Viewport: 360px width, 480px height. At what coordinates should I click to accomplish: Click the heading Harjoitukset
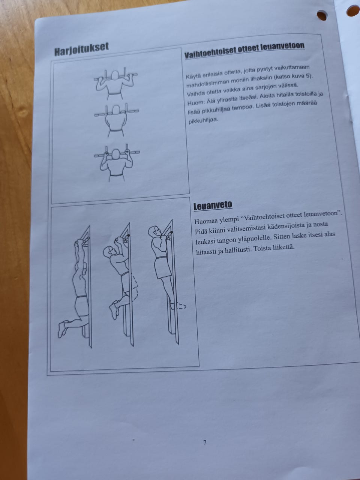point(81,49)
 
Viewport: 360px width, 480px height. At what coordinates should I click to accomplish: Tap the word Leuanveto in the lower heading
point(213,205)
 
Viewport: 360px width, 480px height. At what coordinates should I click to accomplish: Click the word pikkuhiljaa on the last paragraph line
point(203,120)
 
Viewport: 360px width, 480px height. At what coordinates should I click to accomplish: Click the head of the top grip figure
point(115,76)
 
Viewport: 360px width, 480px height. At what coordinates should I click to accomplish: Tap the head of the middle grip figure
point(117,109)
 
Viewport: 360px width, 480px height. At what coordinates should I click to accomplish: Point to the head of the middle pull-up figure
point(108,252)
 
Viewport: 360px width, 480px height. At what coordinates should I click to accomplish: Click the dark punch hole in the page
point(322,16)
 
